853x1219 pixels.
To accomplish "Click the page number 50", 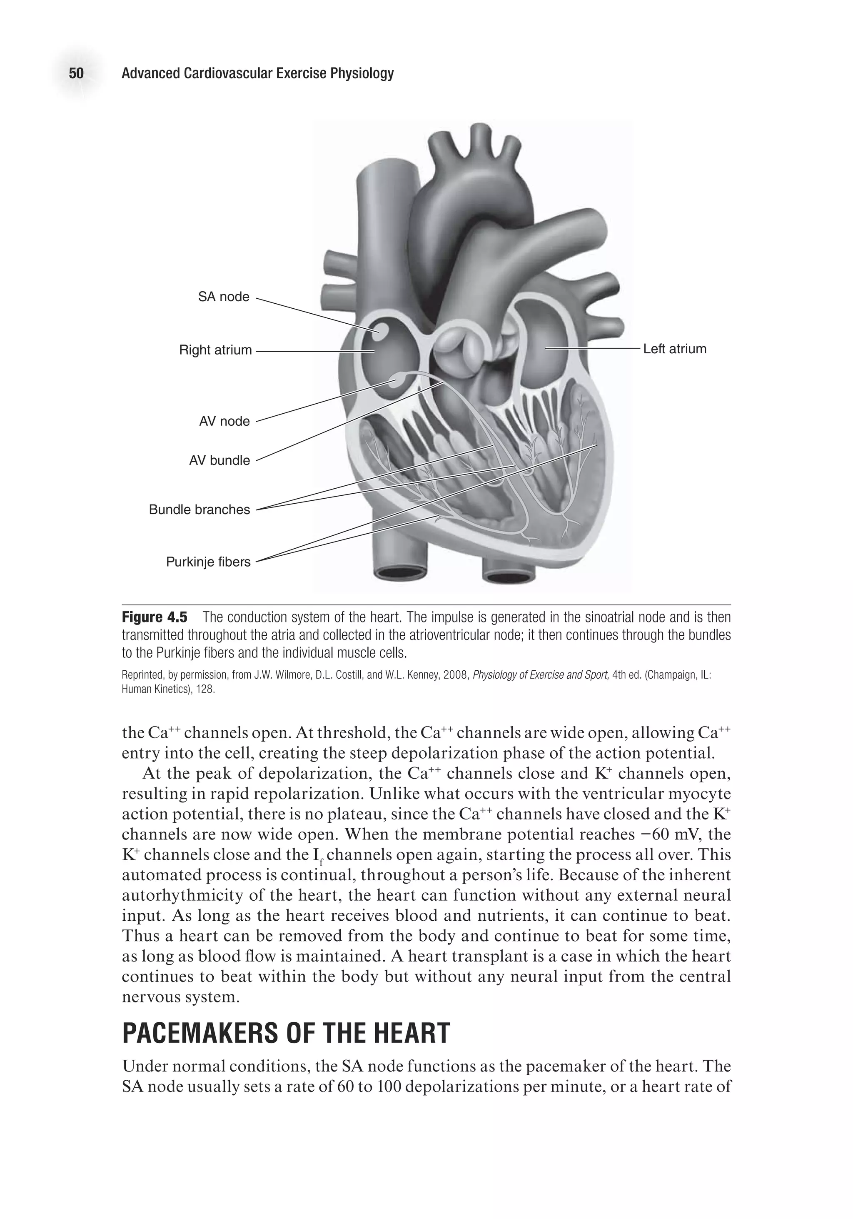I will (76, 73).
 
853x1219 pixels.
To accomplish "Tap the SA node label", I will (224, 297).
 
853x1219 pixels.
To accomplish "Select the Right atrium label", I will (215, 350).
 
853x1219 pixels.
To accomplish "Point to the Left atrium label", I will (675, 350).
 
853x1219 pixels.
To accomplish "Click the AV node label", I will (224, 422).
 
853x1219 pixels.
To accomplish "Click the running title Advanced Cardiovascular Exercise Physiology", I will (257, 73).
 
